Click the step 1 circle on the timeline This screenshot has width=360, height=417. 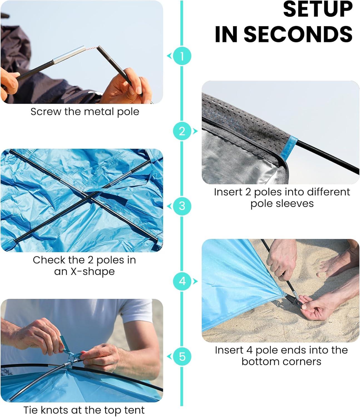pos(182,56)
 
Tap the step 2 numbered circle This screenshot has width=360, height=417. pos(182,131)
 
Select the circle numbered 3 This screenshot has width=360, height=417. pos(182,206)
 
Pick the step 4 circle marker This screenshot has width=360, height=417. pos(182,281)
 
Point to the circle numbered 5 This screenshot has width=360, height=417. pos(182,356)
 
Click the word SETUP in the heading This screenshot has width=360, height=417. pos(318,9)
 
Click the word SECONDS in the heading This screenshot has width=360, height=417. pos(298,34)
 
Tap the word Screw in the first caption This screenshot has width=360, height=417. pos(46,111)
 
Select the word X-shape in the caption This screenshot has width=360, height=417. pos(92,271)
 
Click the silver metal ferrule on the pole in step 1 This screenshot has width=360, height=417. pos(69,54)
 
